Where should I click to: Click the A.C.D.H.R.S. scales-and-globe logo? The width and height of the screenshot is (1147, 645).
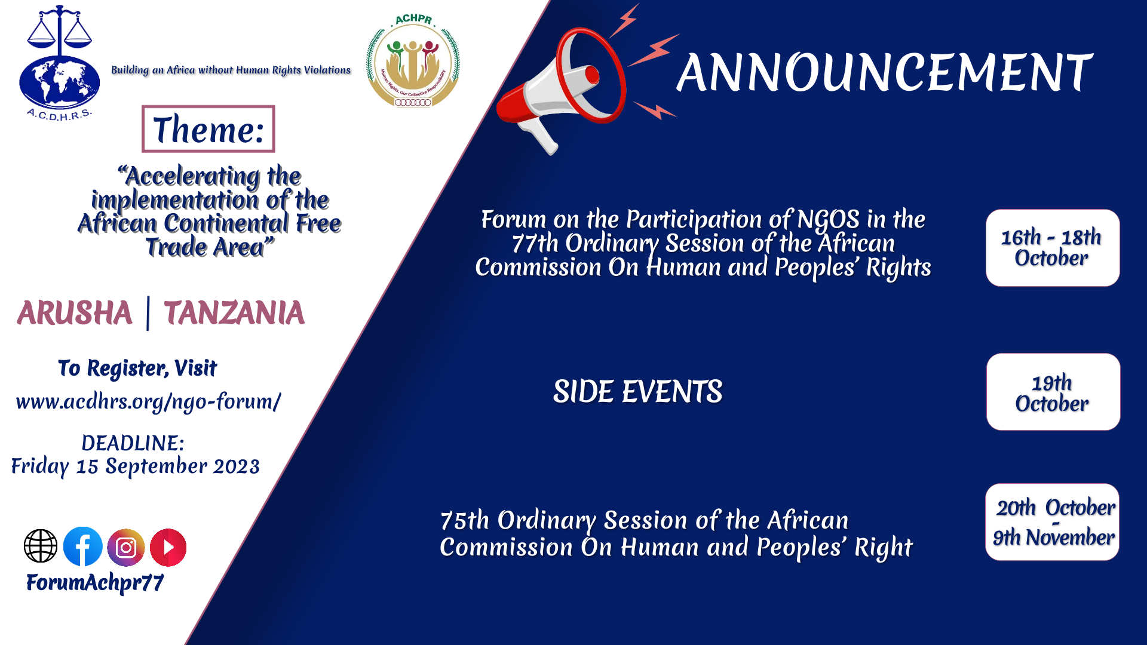(59, 63)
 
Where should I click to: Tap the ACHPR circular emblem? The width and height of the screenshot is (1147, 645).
(413, 60)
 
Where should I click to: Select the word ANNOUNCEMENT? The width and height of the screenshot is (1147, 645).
(885, 73)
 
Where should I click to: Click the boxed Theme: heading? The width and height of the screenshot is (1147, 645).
(208, 129)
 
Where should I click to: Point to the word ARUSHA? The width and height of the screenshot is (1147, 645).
(75, 313)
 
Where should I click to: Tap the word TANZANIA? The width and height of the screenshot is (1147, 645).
(234, 313)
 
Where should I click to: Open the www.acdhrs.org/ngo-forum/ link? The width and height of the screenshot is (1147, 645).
(148, 401)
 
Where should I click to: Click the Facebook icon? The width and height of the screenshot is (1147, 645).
(83, 546)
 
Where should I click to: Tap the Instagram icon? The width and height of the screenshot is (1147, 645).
(126, 547)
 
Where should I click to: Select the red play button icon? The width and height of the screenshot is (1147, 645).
(168, 547)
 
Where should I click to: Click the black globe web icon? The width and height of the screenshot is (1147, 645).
(41, 546)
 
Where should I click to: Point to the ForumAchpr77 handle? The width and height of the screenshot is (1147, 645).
(95, 582)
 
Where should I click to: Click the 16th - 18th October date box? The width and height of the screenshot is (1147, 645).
(1053, 248)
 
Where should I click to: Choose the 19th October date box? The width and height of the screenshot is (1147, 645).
(1053, 392)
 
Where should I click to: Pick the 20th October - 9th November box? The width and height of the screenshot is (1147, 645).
(1052, 522)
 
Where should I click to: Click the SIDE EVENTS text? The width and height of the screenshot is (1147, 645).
(637, 392)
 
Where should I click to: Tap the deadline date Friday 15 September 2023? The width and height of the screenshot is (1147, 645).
(136, 466)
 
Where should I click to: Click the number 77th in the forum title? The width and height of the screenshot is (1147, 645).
(535, 244)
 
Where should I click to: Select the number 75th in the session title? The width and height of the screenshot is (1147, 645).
(465, 521)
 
